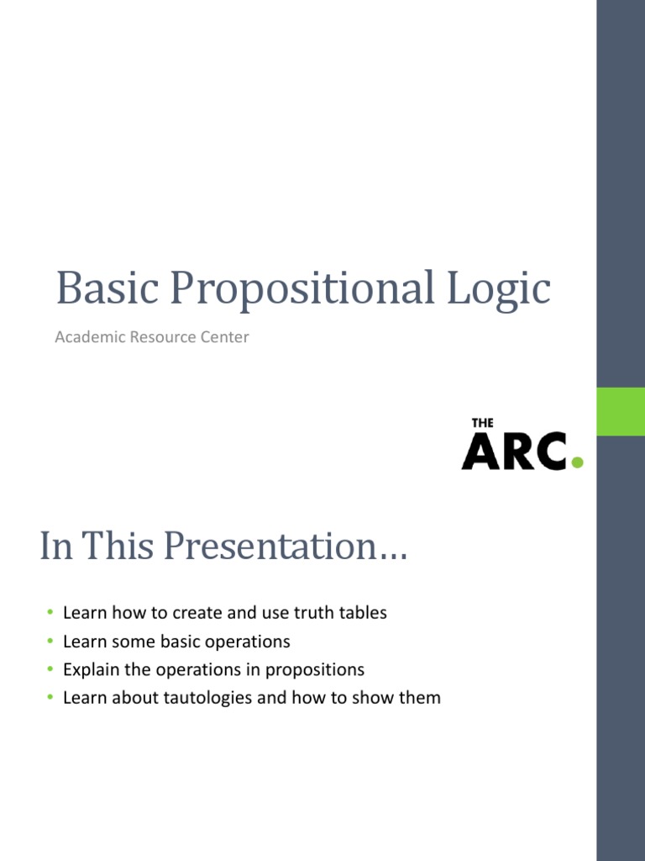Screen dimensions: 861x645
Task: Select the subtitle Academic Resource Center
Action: coord(152,337)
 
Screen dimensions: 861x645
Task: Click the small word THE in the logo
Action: coord(482,423)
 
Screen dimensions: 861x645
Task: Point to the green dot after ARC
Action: coord(576,461)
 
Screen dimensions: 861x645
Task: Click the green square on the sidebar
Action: coord(620,411)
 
